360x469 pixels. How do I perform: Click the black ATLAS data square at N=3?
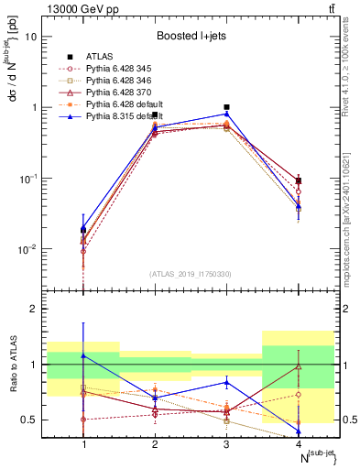coord(227,107)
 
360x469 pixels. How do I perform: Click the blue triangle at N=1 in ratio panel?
coord(84,355)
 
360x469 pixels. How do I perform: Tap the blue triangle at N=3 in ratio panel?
coord(227,382)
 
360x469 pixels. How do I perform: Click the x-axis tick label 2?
coord(156,443)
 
